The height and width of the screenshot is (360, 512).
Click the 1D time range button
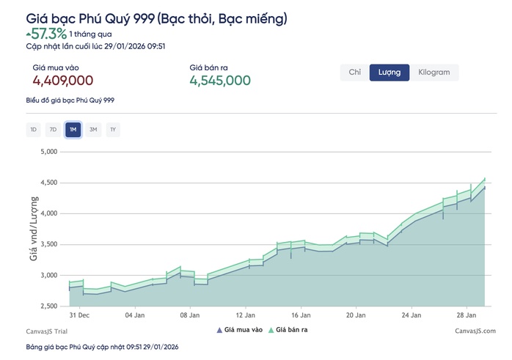click(x=33, y=130)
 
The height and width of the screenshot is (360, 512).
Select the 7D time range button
click(x=53, y=130)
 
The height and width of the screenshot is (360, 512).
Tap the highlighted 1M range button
click(x=73, y=130)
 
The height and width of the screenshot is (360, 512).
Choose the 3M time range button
click(x=93, y=130)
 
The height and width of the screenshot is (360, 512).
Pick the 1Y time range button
click(x=113, y=130)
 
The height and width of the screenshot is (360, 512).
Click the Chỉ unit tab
click(x=354, y=73)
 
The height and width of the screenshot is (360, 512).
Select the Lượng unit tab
click(x=389, y=73)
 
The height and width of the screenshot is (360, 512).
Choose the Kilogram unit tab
click(x=434, y=73)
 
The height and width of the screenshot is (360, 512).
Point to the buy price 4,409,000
click(x=62, y=81)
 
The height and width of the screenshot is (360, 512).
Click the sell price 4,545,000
click(x=220, y=81)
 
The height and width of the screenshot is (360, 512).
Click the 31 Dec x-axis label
click(x=78, y=315)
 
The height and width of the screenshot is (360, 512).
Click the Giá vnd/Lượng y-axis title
click(x=32, y=229)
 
